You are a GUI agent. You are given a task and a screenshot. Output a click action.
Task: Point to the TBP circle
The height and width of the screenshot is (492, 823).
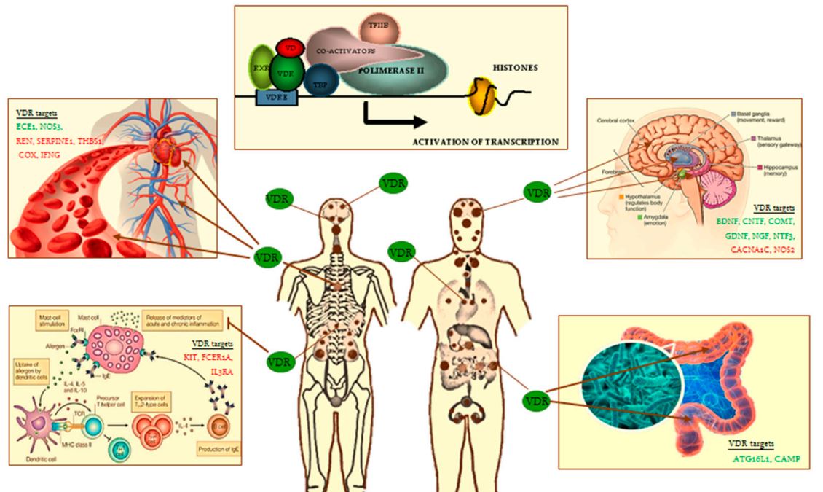(x=318, y=82)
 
